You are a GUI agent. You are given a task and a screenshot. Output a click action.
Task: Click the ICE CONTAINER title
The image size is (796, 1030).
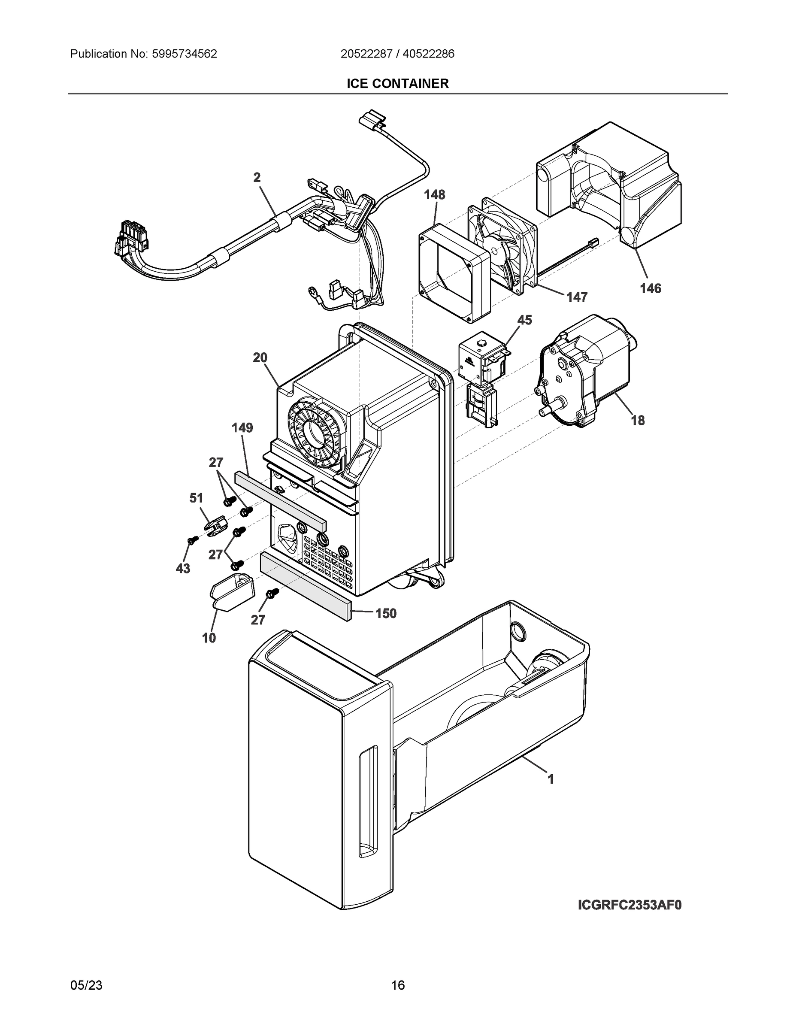pyautogui.click(x=397, y=84)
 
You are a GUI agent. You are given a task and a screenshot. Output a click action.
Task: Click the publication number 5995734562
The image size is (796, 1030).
pyautogui.click(x=184, y=54)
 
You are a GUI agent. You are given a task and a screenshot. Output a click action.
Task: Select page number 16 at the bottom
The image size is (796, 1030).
pyautogui.click(x=397, y=985)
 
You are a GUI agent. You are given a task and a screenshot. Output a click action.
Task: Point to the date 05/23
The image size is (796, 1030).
pyautogui.click(x=86, y=985)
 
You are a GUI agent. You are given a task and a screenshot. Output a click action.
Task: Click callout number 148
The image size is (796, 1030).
pyautogui.click(x=434, y=194)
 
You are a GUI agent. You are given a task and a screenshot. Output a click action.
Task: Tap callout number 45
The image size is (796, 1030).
pyautogui.click(x=524, y=320)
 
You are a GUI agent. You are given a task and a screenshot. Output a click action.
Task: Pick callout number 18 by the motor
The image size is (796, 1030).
pyautogui.click(x=638, y=420)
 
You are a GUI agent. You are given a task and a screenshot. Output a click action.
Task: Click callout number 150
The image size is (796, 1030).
pyautogui.click(x=386, y=613)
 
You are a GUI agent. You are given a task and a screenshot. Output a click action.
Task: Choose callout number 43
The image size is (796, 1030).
pyautogui.click(x=183, y=568)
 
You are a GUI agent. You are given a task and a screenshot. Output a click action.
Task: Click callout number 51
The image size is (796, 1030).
pyautogui.click(x=196, y=497)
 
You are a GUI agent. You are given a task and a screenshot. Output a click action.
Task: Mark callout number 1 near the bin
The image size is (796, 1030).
pyautogui.click(x=550, y=779)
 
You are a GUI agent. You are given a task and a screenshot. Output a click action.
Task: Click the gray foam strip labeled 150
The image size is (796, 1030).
pyautogui.click(x=306, y=586)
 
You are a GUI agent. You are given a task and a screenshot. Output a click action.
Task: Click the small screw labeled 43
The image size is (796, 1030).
pyautogui.click(x=191, y=540)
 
